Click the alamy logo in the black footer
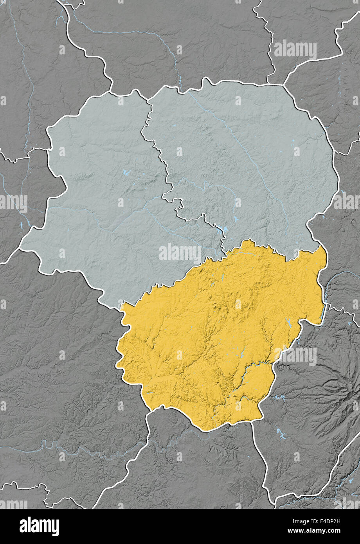(39, 526)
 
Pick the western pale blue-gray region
(102, 196)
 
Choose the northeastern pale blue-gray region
(243, 157)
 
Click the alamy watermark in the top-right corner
(295, 50)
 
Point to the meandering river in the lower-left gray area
(59, 446)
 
